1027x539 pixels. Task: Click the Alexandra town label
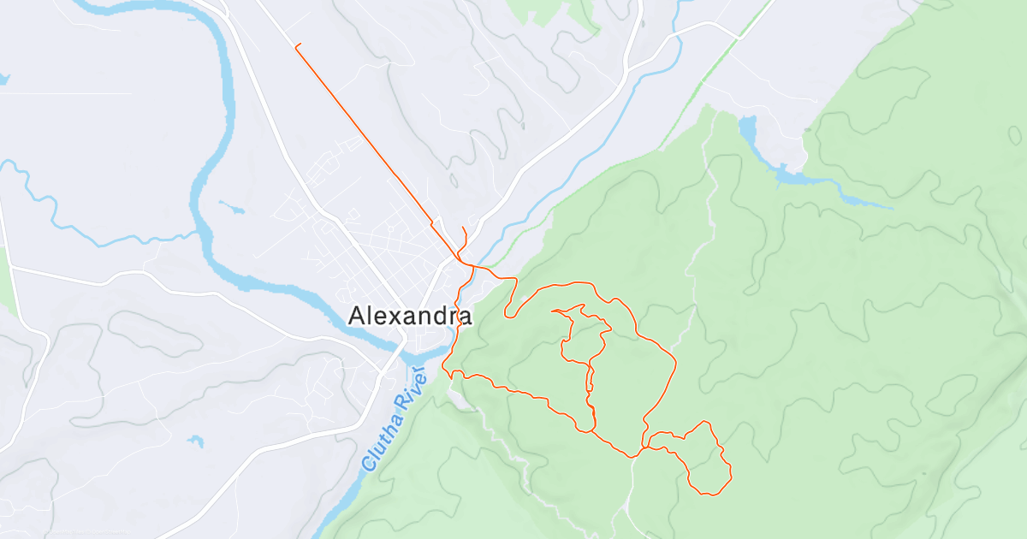pyautogui.click(x=410, y=317)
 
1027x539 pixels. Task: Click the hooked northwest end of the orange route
pyautogui.click(x=296, y=45)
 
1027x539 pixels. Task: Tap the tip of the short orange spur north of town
pyautogui.click(x=463, y=227)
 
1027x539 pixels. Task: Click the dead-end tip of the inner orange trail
pyautogui.click(x=554, y=311)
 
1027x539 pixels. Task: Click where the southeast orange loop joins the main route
pyautogui.click(x=644, y=447)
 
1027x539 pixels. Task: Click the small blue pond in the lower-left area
pyautogui.click(x=197, y=441)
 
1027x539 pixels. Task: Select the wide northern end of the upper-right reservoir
pyautogui.click(x=747, y=128)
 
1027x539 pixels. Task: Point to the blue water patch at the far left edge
pyautogui.click(x=3, y=80)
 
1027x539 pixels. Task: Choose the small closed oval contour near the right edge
pyautogui.click(x=1015, y=134)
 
